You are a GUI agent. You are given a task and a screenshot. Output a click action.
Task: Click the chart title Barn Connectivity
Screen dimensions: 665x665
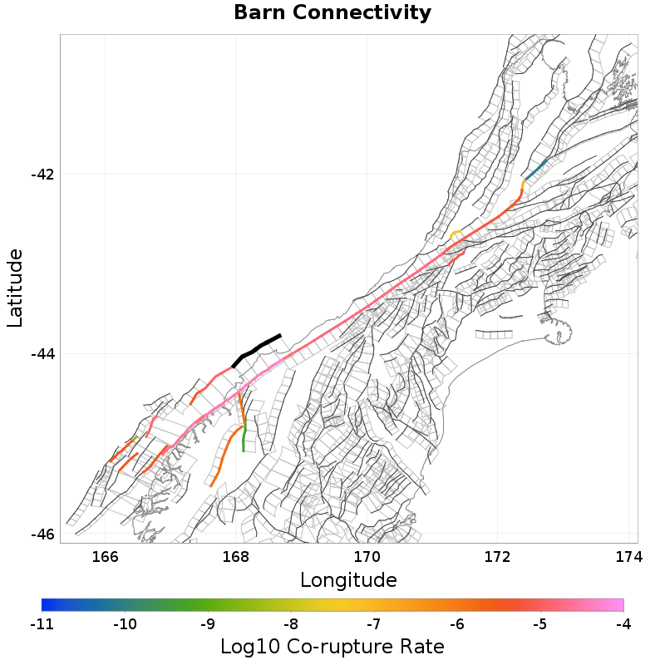click(332, 13)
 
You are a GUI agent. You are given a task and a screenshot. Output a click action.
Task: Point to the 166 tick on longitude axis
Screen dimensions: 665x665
click(106, 555)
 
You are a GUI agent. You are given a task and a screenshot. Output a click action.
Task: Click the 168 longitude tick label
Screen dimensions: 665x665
click(236, 555)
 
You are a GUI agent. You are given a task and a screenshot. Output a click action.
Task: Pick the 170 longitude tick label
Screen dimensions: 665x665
click(367, 555)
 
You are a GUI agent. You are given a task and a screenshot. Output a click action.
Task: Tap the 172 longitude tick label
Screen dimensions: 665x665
click(497, 555)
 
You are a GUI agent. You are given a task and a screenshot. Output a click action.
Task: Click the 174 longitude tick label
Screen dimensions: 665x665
click(627, 555)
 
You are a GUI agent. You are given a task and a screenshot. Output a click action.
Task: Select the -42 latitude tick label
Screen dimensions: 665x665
click(42, 175)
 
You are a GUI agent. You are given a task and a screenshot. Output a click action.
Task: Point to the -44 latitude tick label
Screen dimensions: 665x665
click(42, 354)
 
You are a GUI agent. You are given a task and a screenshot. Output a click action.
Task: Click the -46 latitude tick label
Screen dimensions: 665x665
click(42, 534)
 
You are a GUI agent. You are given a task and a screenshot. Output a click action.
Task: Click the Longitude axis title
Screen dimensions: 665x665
click(348, 579)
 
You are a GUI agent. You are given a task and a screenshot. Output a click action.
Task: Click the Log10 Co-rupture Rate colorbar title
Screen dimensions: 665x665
click(332, 647)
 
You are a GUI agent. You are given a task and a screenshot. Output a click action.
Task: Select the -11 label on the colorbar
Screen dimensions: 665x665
click(42, 623)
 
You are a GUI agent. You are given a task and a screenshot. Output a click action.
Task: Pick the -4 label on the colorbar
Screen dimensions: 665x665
click(623, 623)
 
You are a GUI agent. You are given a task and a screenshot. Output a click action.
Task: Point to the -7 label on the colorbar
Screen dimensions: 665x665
click(374, 623)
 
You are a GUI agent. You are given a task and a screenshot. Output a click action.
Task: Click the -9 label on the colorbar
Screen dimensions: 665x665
click(208, 623)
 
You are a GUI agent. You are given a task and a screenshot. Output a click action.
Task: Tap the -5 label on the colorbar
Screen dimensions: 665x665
click(540, 623)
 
